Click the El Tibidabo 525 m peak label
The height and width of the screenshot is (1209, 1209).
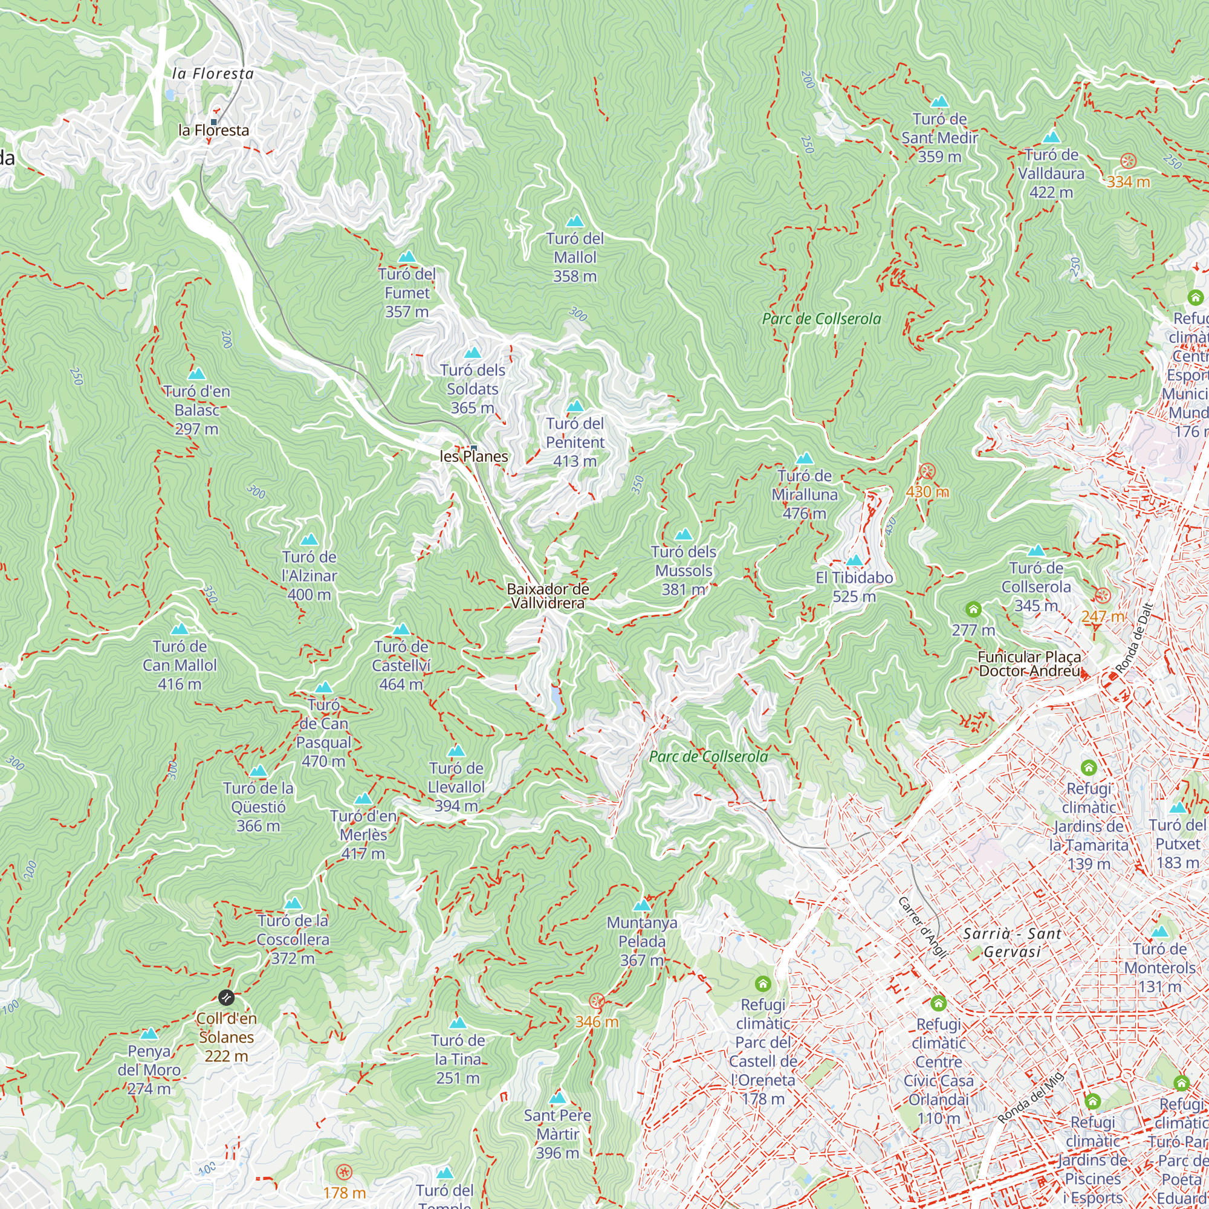click(x=854, y=586)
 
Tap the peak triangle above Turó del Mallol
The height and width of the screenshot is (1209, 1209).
click(x=574, y=221)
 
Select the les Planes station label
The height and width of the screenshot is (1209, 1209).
click(x=474, y=456)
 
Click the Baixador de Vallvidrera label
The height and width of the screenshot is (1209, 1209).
click(x=548, y=596)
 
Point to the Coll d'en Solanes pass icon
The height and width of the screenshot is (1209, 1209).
click(x=226, y=997)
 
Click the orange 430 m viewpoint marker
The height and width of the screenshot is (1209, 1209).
click(x=927, y=472)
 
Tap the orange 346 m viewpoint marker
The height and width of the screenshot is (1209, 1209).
click(x=597, y=1001)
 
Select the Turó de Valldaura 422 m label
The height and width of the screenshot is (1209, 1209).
click(x=1051, y=173)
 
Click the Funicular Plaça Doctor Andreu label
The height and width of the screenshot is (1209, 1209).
click(x=1029, y=664)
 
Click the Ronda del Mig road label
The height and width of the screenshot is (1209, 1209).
click(x=1031, y=1097)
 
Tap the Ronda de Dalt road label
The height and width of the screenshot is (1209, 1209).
click(x=1133, y=638)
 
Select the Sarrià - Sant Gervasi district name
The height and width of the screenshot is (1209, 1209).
click(x=1012, y=942)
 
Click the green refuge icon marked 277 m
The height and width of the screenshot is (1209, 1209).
click(x=973, y=609)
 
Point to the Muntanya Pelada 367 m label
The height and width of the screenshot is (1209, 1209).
click(x=642, y=941)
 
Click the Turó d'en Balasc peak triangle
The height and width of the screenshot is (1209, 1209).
click(x=196, y=374)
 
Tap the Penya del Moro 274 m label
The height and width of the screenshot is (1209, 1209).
click(x=149, y=1069)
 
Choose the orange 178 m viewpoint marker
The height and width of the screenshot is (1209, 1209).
click(x=343, y=1172)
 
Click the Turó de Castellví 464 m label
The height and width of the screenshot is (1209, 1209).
click(x=401, y=665)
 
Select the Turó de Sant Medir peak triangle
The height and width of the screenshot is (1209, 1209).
click(x=939, y=102)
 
